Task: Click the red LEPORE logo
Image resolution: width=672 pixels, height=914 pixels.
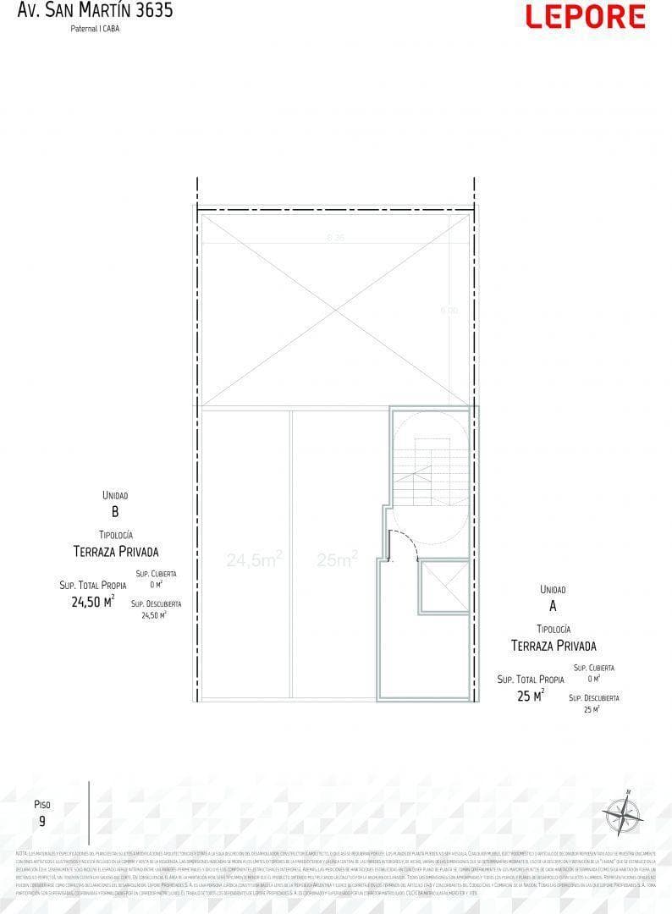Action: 585,17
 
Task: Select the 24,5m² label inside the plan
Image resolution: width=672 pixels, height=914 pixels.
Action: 254,559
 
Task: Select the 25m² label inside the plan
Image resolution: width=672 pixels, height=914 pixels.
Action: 337,559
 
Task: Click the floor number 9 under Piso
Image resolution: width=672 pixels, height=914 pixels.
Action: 42,821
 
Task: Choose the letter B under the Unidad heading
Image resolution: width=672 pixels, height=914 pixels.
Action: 115,512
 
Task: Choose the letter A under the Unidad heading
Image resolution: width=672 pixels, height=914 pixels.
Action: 553,606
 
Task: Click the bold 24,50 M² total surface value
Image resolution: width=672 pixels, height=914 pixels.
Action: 92,602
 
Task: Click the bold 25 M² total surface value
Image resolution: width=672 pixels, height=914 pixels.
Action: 530,696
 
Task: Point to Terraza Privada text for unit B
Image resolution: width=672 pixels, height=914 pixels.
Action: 115,552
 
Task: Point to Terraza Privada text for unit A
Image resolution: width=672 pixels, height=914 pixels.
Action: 554,646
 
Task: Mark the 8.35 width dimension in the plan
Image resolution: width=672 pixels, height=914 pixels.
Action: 335,238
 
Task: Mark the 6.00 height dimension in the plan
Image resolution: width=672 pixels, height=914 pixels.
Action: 448,311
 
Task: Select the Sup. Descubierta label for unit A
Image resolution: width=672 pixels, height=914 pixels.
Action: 593,698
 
